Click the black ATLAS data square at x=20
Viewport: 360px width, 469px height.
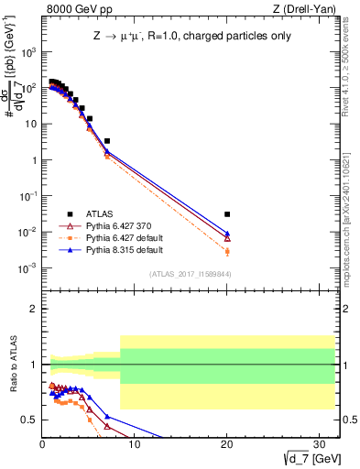(227, 214)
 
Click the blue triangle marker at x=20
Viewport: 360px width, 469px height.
(227, 234)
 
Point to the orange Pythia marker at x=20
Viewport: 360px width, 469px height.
(227, 251)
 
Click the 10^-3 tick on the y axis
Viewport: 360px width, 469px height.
(29, 268)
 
